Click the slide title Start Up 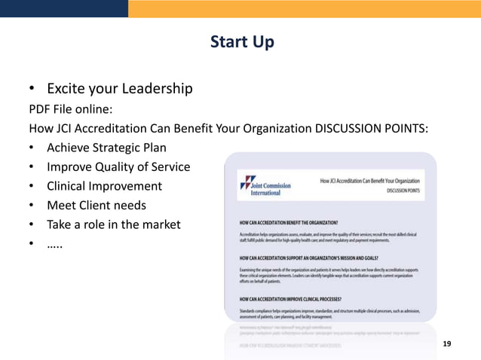[x=241, y=41]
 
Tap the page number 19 [x=447, y=343]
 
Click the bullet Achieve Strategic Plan [x=106, y=147]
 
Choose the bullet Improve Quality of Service [x=118, y=166]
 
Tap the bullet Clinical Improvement [x=104, y=186]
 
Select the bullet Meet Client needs [x=97, y=205]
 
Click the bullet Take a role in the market [x=113, y=224]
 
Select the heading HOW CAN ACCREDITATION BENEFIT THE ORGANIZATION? [x=288, y=223]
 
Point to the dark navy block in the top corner [x=63, y=8]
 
